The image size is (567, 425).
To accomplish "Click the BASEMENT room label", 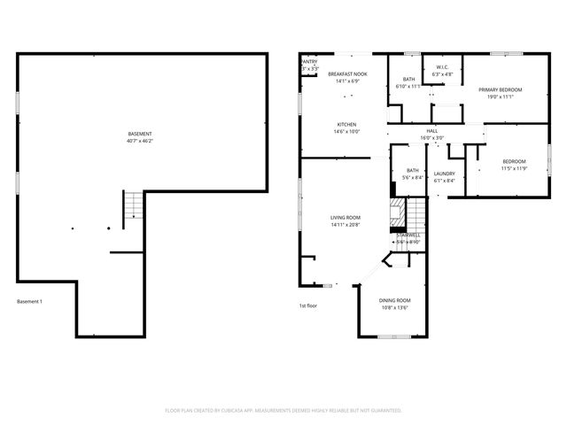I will (x=139, y=134).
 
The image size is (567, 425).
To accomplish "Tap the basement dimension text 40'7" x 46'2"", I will (x=139, y=140).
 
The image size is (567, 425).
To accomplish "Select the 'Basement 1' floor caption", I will (x=29, y=302).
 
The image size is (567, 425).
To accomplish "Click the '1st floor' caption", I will (x=307, y=305).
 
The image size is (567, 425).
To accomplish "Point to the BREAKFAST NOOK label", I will (x=346, y=74).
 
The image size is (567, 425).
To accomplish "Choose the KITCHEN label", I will (x=346, y=125).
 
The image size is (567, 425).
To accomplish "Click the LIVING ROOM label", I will (x=346, y=218).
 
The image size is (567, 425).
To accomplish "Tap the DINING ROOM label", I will (x=395, y=301).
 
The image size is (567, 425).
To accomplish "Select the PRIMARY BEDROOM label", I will (x=501, y=90).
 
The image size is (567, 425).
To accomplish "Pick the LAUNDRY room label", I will (x=445, y=174).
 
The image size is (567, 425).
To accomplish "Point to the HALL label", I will (x=432, y=131).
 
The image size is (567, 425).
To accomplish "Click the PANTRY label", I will (x=309, y=62).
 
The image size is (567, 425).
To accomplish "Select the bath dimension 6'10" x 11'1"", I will (x=408, y=86).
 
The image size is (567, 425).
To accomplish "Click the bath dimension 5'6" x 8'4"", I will (x=413, y=179).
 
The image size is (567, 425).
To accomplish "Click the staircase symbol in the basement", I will (x=132, y=207).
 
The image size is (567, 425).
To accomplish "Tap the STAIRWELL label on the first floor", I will (x=408, y=236).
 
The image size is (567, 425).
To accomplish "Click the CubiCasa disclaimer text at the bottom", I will (x=283, y=411).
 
